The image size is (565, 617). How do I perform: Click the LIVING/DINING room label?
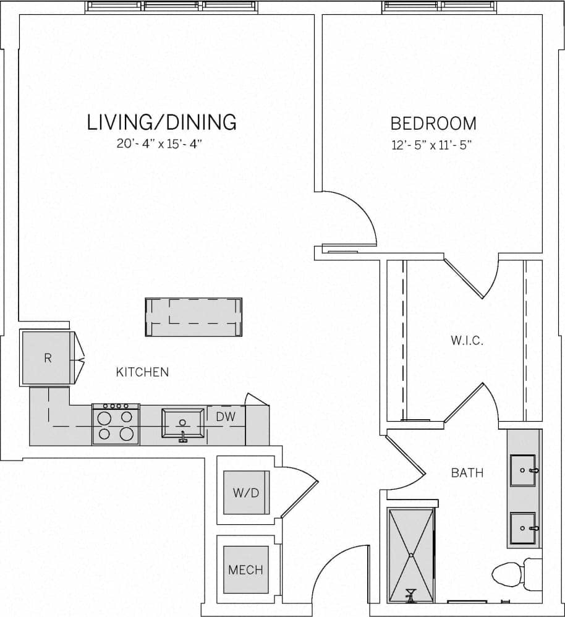tap(162, 122)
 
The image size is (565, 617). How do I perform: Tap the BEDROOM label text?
tap(433, 124)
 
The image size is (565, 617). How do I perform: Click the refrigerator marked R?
tap(48, 358)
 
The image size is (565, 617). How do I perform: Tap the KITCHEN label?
tap(142, 372)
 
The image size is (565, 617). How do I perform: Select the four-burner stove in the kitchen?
tap(116, 425)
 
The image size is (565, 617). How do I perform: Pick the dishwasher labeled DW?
tap(226, 417)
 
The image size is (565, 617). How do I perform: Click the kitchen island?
tap(193, 317)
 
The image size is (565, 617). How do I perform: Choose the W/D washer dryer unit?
tap(246, 492)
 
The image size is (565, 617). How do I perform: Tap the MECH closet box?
tap(245, 569)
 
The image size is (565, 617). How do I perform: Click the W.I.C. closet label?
tap(467, 341)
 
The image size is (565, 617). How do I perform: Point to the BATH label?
tap(467, 474)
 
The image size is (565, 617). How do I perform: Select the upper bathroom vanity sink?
tap(524, 470)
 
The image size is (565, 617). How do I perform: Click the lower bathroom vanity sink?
tap(524, 529)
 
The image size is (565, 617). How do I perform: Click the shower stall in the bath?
tap(411, 555)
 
